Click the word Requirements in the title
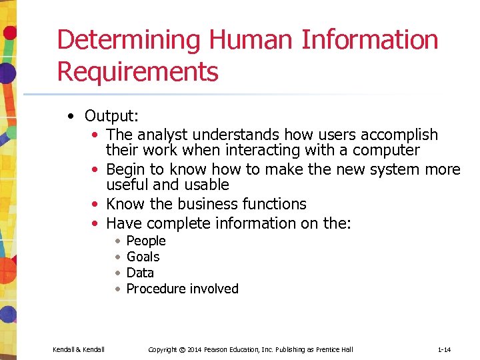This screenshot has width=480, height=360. [137, 71]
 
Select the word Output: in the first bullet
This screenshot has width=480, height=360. [111, 116]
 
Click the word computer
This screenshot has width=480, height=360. [386, 150]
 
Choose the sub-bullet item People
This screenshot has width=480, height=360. [145, 241]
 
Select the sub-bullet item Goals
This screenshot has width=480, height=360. [143, 257]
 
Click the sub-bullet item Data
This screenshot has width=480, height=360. [140, 273]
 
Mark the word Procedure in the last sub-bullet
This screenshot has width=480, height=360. [154, 289]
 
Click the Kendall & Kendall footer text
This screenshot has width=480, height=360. [79, 349]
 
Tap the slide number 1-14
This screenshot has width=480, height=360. [445, 349]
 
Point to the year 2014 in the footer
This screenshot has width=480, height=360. [196, 349]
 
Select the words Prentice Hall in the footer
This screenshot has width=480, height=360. [335, 349]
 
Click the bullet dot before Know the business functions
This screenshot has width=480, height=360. [97, 204]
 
